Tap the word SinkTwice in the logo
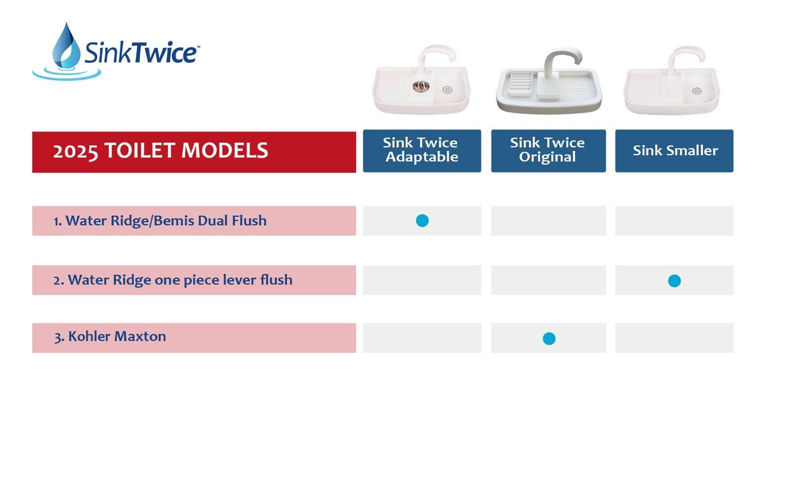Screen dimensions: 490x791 point(141,53)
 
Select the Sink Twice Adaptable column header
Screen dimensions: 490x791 point(422,150)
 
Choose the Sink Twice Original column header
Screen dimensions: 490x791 point(548,150)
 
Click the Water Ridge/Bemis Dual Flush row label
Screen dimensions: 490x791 point(160,221)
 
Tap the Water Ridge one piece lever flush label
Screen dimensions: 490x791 point(173,280)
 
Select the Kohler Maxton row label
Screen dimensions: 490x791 point(110,337)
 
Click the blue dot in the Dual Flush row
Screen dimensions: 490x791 point(422,221)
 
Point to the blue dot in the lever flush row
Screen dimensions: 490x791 point(674,281)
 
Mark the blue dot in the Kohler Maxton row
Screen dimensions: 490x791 point(549,339)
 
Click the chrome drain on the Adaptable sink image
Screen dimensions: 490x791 point(421,87)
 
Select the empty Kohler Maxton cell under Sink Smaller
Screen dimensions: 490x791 point(674,338)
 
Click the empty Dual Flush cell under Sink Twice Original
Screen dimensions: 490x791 point(548,221)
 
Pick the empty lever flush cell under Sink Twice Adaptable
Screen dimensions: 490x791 point(422,280)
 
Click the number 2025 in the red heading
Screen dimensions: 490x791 point(75,151)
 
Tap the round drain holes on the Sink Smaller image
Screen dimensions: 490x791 point(697,91)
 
